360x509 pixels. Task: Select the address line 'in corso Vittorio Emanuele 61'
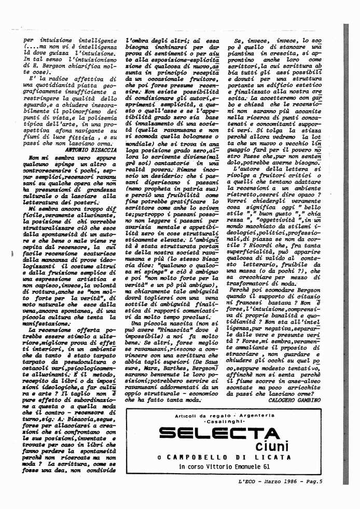point(224,467)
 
